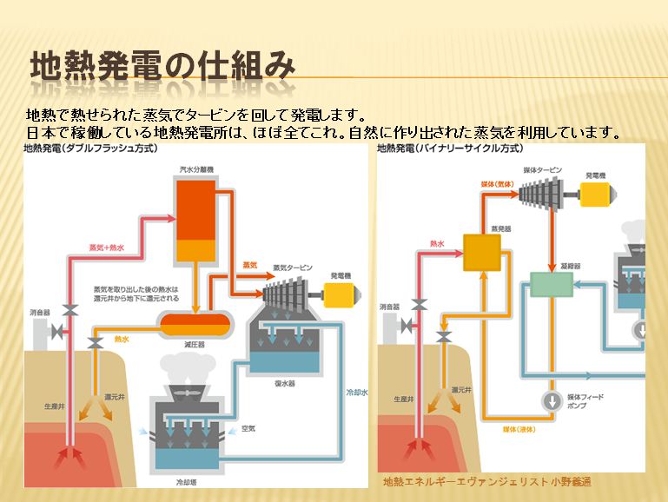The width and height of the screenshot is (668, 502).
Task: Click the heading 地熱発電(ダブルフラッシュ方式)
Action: [x=89, y=149]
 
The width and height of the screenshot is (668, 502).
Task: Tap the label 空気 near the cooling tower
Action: [x=248, y=428]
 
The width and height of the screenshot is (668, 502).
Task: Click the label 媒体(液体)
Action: [x=519, y=428]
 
